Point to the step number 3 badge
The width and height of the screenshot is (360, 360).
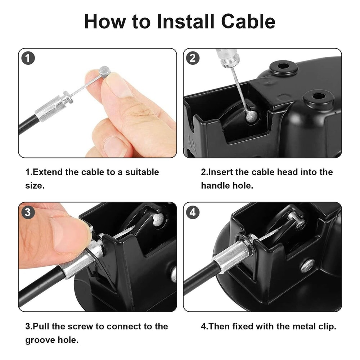click(x=28, y=212)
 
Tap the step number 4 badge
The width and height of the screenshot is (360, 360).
click(x=193, y=212)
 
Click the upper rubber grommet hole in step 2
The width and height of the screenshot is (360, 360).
click(x=283, y=67)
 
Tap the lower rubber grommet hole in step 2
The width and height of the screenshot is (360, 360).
click(x=318, y=97)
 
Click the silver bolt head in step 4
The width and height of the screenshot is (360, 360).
click(x=307, y=266)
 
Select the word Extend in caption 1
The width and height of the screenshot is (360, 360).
click(x=48, y=172)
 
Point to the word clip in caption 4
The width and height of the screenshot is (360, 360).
click(x=325, y=327)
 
